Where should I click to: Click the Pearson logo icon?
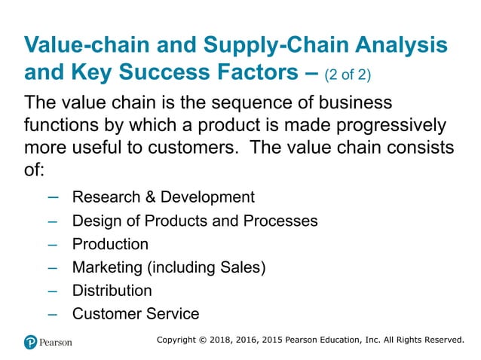point(30,342)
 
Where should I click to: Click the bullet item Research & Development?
point(163,197)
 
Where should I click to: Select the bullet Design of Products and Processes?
point(195,221)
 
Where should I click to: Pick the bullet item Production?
point(110,244)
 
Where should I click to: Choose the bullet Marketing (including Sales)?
point(169,267)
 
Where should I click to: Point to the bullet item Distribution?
point(112,291)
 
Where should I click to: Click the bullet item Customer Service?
point(136,314)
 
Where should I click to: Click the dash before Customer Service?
point(53,314)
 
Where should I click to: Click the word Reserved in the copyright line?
point(438,340)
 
